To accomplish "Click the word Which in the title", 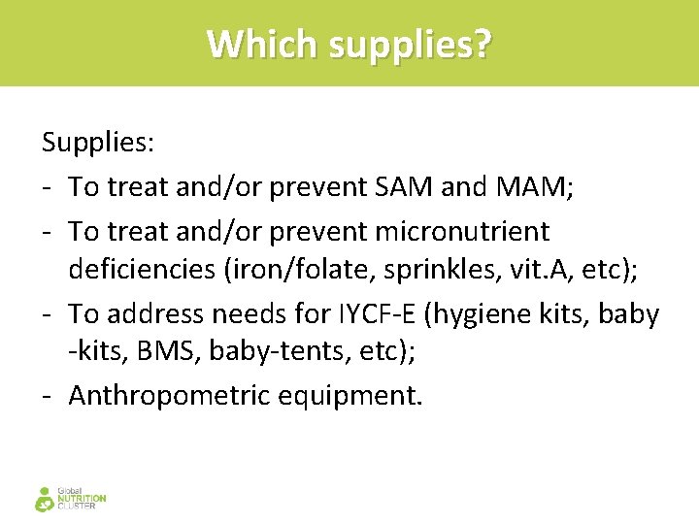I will (261, 44).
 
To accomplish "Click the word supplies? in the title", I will (410, 45).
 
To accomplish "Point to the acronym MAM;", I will (533, 186).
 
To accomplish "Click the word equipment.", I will (366, 396).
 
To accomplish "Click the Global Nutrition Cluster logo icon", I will (45, 499).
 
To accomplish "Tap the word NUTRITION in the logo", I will (83, 499).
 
